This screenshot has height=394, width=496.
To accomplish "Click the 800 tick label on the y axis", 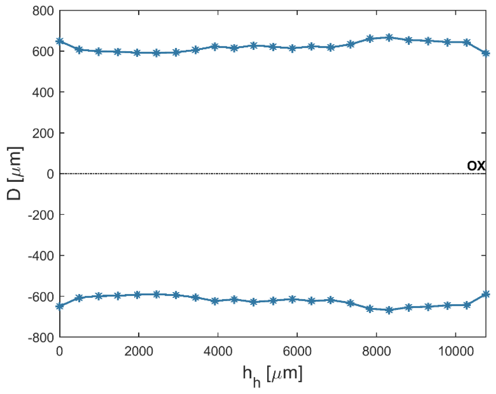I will tap(43, 11).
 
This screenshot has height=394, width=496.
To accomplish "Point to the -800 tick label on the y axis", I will tap(41, 338).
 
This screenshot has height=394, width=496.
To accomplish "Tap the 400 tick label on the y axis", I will tap(43, 92).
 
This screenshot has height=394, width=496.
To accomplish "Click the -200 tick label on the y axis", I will tap(41, 215).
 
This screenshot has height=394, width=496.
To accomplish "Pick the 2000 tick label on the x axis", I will tap(139, 352).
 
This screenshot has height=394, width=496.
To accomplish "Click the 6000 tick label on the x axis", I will tap(297, 352).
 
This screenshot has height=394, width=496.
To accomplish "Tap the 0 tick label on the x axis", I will tap(59, 352).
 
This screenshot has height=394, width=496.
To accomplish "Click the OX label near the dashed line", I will tap(476, 165).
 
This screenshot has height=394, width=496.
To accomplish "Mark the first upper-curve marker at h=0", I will tap(60, 41).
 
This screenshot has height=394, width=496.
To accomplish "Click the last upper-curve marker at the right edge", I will tap(486, 53).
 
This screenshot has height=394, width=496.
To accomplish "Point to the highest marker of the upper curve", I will tap(389, 37).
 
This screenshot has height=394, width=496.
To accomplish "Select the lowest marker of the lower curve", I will tap(389, 310).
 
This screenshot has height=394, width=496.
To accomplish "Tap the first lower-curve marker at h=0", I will tap(60, 306).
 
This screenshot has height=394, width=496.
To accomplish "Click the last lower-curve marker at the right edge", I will tap(486, 294).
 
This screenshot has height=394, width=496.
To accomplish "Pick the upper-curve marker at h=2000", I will tap(137, 53).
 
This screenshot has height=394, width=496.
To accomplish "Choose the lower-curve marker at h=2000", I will tap(137, 295).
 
